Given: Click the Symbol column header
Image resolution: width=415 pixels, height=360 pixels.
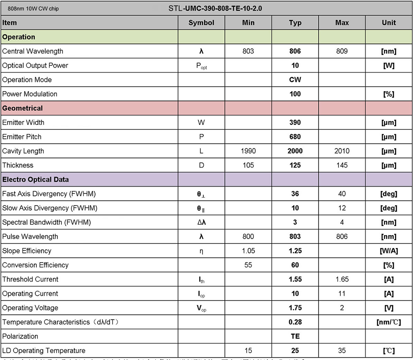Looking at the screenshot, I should [x=201, y=23].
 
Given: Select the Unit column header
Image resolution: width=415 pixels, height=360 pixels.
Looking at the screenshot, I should [x=389, y=23].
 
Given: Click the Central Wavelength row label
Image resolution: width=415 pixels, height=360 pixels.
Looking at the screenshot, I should [x=33, y=51].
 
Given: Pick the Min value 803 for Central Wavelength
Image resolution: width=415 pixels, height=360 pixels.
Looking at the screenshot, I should [x=248, y=51].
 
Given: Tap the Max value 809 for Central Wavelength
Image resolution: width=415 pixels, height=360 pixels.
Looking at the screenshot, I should [x=342, y=51].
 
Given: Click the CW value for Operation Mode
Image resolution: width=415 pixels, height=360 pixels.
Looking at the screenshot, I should [x=295, y=80].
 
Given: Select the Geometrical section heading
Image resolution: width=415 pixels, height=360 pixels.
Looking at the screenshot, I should [x=22, y=108].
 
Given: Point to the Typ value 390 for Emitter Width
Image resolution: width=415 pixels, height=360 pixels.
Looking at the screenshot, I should [x=295, y=122].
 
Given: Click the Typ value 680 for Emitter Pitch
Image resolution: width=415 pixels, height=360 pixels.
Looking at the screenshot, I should [x=295, y=137].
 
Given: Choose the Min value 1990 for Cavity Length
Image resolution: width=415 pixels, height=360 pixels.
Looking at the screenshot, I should [x=248, y=151].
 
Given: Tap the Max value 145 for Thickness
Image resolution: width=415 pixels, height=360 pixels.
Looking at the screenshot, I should [x=342, y=165].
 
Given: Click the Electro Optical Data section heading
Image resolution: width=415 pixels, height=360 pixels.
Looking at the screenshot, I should [x=36, y=180].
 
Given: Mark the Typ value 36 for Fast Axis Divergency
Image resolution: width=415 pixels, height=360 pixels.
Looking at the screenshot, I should [x=295, y=194].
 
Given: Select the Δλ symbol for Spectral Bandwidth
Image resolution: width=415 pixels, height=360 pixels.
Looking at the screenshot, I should [x=201, y=222].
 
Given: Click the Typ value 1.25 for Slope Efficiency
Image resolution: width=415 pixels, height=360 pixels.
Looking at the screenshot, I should [x=295, y=251].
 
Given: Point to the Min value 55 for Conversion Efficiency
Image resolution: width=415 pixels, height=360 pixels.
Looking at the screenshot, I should [x=248, y=265].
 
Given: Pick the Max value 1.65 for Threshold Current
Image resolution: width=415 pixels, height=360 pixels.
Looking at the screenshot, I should [x=342, y=279].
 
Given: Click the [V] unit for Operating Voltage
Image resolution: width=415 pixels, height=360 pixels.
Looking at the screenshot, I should [x=389, y=308].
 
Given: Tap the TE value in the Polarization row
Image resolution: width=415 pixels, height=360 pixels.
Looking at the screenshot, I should [x=295, y=336].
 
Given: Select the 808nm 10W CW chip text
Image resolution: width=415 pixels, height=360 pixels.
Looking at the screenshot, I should [x=33, y=8].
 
